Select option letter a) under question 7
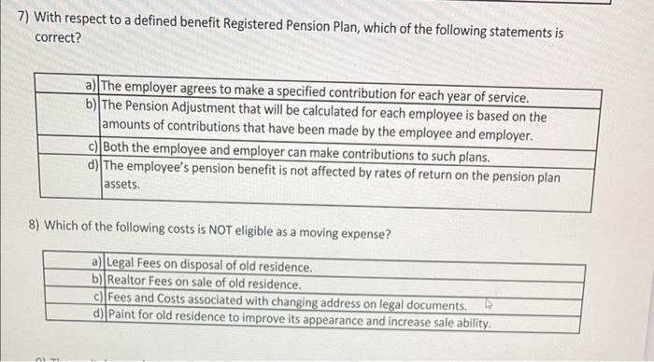[x=92, y=98]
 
